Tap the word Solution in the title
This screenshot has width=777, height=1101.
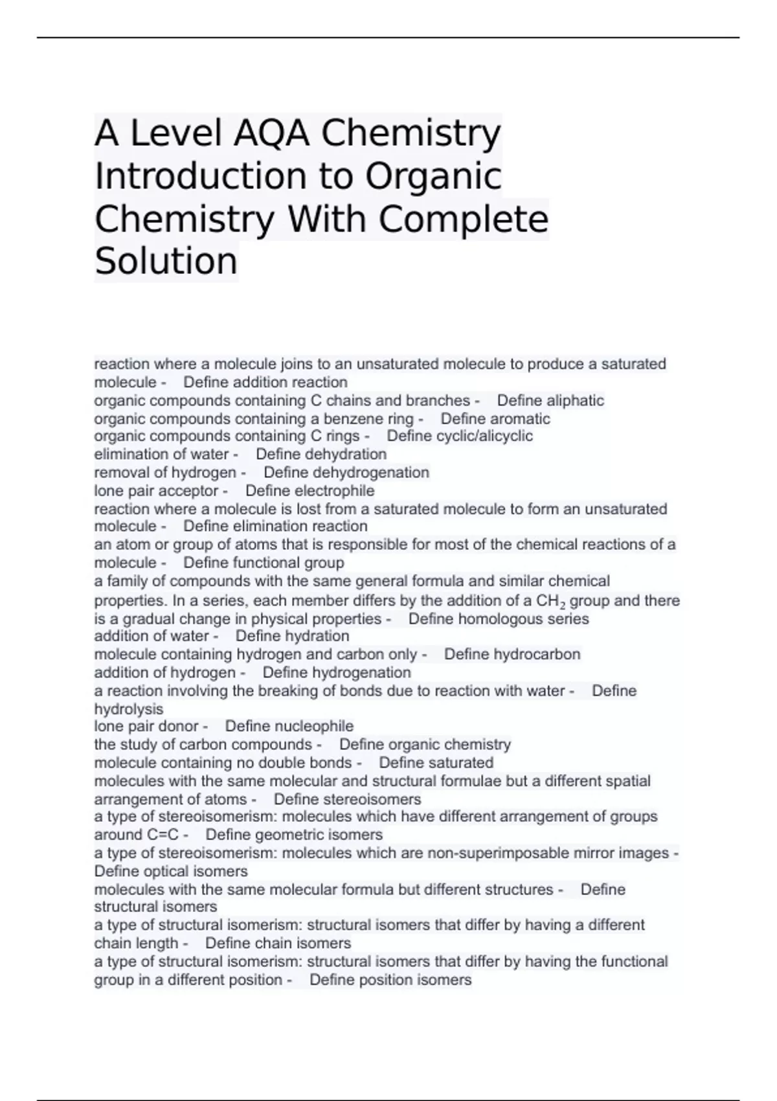tap(166, 261)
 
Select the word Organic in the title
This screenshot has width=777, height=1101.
tap(433, 176)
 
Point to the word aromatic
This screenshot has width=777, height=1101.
tap(518, 418)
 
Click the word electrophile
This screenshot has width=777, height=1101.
tap(334, 490)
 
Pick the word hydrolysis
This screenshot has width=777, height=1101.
tap(129, 709)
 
